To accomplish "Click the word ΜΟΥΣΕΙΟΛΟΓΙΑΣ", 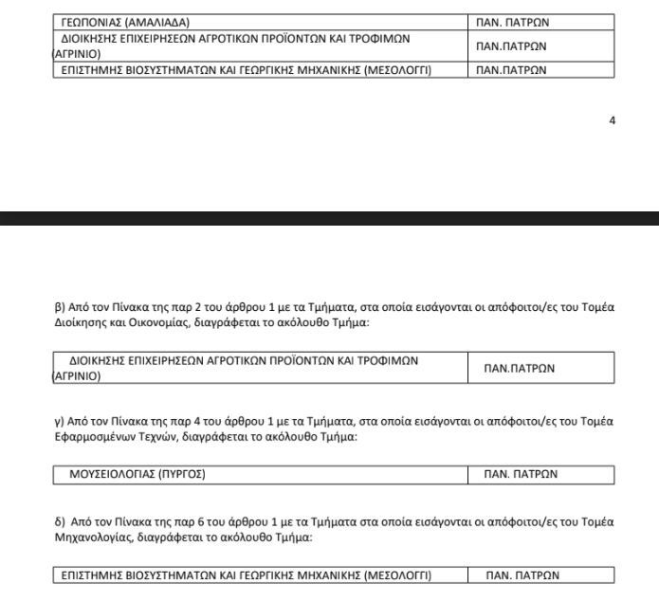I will click(x=108, y=472).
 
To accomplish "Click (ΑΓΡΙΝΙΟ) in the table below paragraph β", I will click(x=78, y=375).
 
